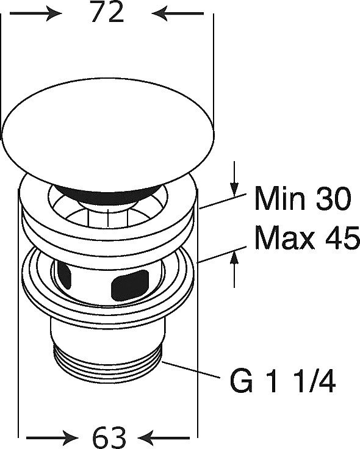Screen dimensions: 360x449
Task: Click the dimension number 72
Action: coord(107,13)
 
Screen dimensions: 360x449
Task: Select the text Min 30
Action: coord(303,198)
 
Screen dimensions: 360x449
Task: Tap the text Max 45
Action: coord(307,238)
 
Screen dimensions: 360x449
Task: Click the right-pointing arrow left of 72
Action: coord(36,13)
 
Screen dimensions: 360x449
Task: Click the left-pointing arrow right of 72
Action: coord(178,13)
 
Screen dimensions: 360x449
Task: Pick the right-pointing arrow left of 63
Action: coord(52,438)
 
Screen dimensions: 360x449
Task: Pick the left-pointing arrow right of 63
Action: coord(164,438)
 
